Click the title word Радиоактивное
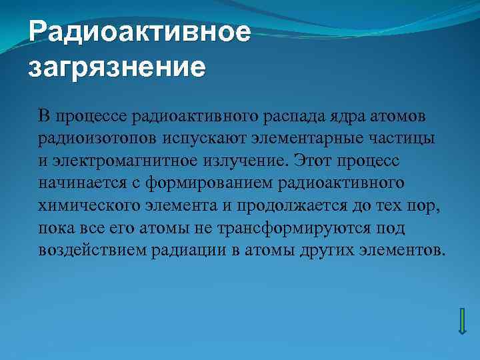pyautogui.click(x=140, y=32)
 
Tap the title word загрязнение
pyautogui.click(x=117, y=67)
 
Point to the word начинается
pyautogui.click(x=77, y=183)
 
